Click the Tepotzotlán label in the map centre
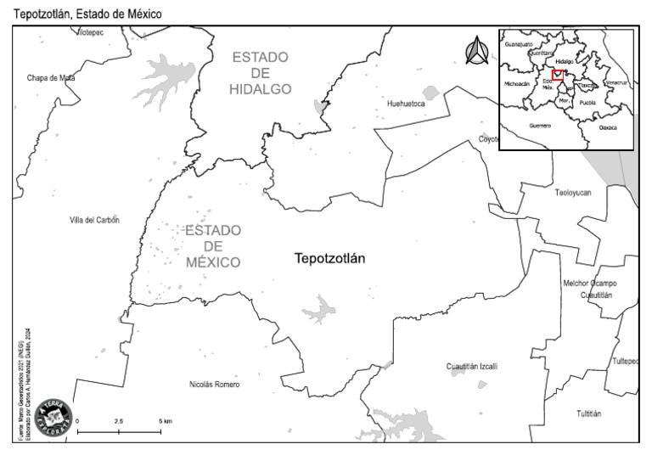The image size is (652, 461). (329, 259)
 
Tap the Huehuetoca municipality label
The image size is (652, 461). (406, 104)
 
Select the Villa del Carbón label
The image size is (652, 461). (94, 220)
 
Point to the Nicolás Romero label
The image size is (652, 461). (214, 385)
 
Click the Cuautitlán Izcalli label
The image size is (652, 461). (472, 367)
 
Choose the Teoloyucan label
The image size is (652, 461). (573, 193)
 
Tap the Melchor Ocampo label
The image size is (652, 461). (590, 284)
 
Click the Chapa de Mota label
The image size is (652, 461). (51, 78)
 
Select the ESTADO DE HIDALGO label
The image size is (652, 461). (261, 73)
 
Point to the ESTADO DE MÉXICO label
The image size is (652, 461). (213, 246)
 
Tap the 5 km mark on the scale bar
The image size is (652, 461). (165, 421)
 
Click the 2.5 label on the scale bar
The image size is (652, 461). (119, 421)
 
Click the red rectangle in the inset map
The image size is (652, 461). (558, 76)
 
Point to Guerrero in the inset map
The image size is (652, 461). (540, 126)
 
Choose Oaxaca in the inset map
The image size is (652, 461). (608, 127)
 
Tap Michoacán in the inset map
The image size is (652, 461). (516, 84)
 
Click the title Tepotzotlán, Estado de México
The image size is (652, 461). (81, 14)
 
